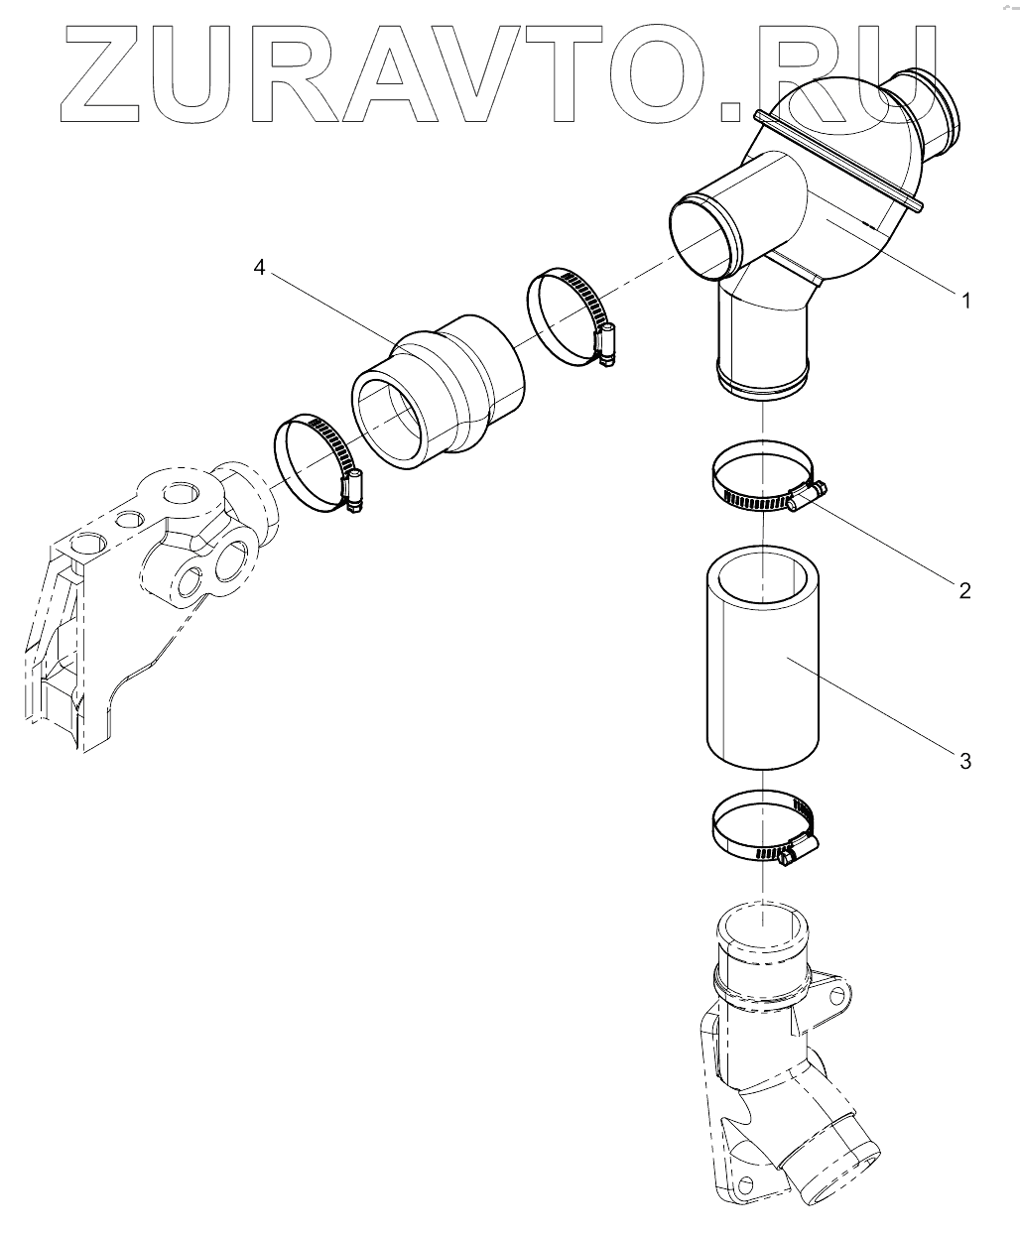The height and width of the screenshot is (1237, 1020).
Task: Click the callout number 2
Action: (964, 590)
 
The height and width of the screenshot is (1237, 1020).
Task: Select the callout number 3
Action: (964, 761)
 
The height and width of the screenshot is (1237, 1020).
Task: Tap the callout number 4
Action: (259, 268)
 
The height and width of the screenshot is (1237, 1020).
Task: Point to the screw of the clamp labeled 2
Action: (808, 495)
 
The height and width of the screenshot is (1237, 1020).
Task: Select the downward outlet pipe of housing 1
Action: (762, 342)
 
